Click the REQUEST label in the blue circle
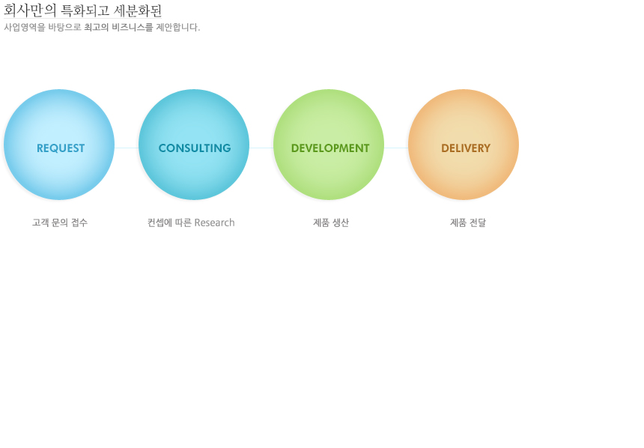[61, 148]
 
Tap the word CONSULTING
[195, 148]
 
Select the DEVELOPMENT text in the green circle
[330, 148]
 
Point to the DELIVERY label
[466, 148]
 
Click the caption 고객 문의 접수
[60, 223]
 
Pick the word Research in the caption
[214, 223]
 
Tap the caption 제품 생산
[331, 223]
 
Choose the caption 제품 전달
[468, 223]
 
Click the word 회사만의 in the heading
[30, 10]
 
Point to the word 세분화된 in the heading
[138, 10]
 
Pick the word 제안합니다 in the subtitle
[177, 27]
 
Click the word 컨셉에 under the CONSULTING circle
[160, 223]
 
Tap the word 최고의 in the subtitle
[97, 27]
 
